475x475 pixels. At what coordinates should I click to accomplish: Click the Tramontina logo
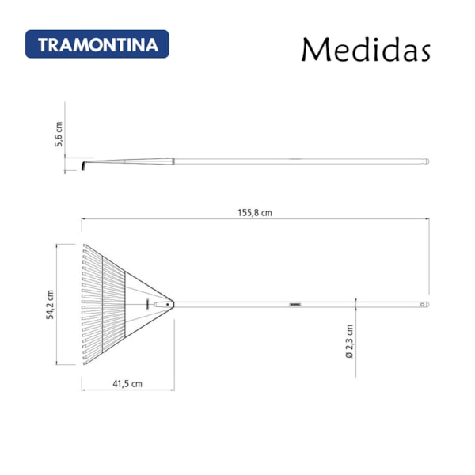click(97, 44)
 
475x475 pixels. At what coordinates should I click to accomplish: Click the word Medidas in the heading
click(365, 49)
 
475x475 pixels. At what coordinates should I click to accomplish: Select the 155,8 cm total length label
click(255, 212)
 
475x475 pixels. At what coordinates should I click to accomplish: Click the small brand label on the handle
click(296, 304)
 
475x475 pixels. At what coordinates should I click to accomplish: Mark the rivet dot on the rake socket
click(168, 304)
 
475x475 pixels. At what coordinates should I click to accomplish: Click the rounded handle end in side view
click(427, 161)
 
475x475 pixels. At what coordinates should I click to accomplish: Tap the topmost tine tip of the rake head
click(84, 244)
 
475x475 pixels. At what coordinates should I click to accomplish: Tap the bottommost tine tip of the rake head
click(84, 364)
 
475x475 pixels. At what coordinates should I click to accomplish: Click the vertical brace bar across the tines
click(125, 304)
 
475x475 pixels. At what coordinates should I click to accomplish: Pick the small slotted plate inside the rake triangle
click(146, 304)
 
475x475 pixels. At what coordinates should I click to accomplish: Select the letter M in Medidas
click(314, 49)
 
